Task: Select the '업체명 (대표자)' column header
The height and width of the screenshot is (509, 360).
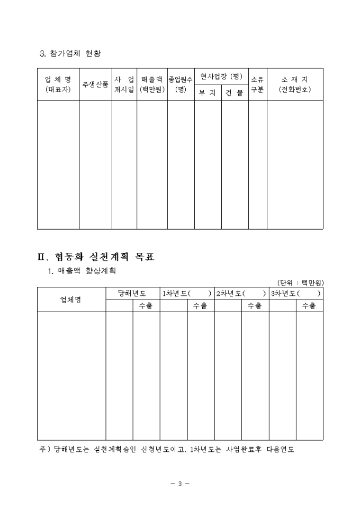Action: coord(58,84)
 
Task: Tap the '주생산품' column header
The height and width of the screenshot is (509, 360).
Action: coord(95,84)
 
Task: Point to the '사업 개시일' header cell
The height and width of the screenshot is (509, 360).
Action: coord(124,84)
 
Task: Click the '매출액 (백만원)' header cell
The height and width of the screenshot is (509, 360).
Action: coord(152,84)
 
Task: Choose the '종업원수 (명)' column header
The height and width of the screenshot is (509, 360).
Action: coord(181,84)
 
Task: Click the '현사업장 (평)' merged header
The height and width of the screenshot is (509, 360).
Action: coord(221,77)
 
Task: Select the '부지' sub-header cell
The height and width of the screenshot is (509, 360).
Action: coord(208,93)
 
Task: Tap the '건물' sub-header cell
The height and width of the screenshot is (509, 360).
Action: coord(235,93)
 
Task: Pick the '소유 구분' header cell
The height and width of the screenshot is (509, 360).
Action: coord(257,84)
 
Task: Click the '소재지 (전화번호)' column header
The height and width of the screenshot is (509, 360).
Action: coord(295,84)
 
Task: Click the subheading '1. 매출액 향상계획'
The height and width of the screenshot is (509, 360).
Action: coord(82,271)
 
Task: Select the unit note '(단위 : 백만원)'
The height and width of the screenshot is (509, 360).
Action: coord(300,283)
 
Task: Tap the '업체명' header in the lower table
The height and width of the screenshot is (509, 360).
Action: coord(71,299)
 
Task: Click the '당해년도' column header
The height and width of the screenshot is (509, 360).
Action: coord(133,293)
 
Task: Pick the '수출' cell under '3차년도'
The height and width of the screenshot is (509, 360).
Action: coord(309,306)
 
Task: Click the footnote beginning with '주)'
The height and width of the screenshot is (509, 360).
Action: coord(167,449)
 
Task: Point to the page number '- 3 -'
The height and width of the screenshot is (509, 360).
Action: coord(180,484)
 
